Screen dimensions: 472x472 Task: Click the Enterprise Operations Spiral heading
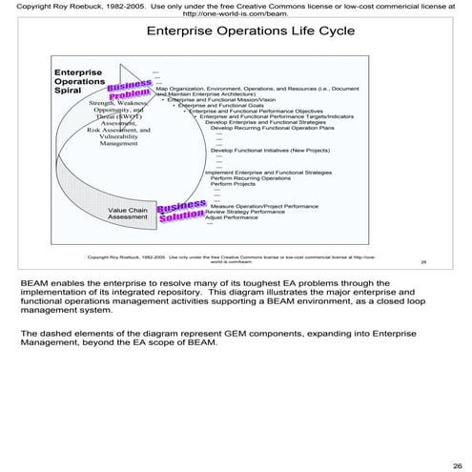(x=80, y=82)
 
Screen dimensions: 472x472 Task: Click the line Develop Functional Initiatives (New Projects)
(x=270, y=151)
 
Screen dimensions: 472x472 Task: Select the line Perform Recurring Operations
(x=251, y=177)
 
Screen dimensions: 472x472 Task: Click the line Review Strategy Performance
(x=244, y=212)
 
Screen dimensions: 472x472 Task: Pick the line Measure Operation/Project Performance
(x=264, y=205)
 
